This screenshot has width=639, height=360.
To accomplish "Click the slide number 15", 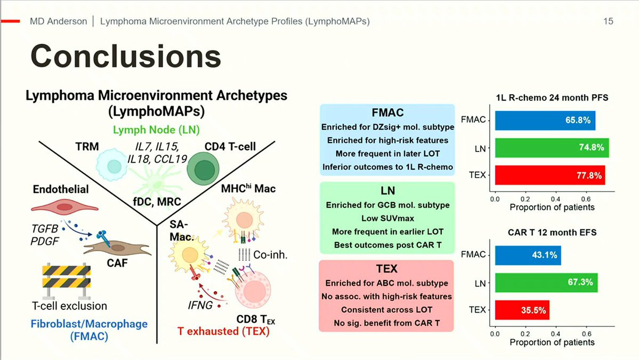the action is [x=608, y=21].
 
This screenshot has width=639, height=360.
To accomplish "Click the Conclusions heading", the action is [x=126, y=56].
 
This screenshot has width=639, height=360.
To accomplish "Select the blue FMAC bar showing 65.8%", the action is [x=545, y=121].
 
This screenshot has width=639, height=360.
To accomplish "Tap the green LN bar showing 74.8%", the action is [x=552, y=148].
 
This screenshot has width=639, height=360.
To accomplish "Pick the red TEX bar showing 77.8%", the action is [x=550, y=175].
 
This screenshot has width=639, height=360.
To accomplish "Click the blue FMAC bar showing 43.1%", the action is [x=528, y=255].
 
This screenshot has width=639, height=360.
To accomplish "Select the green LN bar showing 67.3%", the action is [x=546, y=283].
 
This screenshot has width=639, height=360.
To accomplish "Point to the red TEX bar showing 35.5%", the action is [x=522, y=310].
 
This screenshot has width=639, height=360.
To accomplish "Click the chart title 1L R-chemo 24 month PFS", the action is [x=552, y=98].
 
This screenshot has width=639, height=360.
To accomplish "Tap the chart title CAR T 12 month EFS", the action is [x=552, y=233].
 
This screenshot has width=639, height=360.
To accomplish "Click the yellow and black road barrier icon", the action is [x=67, y=280].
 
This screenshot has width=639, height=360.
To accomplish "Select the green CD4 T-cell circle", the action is [x=203, y=169].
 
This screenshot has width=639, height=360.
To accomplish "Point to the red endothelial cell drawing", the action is [x=64, y=207].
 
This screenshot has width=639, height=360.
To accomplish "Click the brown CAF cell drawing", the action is [x=117, y=247].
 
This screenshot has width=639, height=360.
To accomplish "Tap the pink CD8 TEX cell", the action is [x=253, y=290].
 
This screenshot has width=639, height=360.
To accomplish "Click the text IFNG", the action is [x=200, y=305].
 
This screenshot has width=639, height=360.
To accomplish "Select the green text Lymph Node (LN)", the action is [x=156, y=130].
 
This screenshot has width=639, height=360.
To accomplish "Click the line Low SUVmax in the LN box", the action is [x=387, y=218].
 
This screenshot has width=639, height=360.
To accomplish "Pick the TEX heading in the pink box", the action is [x=386, y=269].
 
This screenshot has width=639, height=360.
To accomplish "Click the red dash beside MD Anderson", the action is [x=10, y=21].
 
